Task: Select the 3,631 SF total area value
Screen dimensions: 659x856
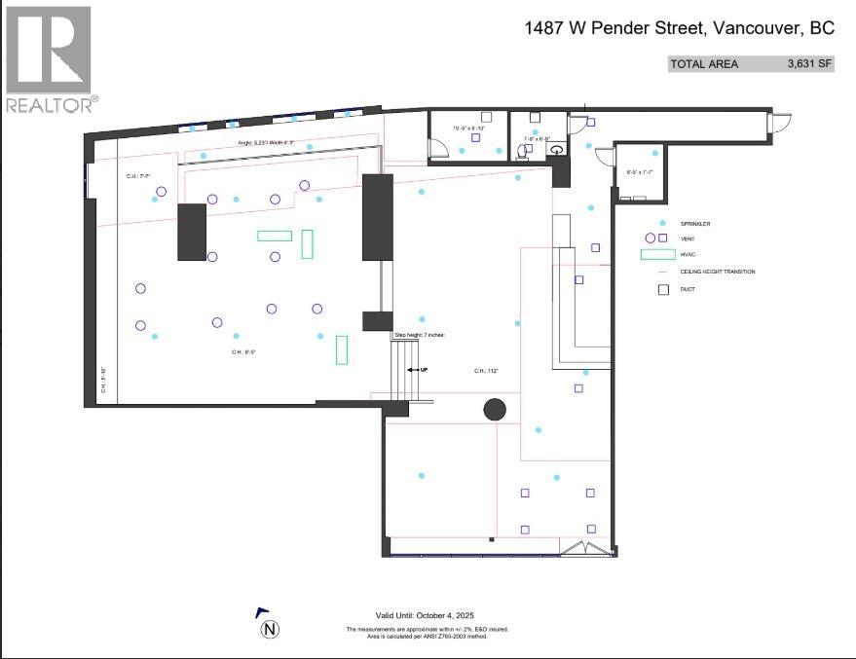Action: (x=809, y=64)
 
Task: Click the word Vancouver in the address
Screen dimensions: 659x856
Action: (x=758, y=28)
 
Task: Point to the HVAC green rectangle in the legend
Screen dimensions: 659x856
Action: (x=656, y=255)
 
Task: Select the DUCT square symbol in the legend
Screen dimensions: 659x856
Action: (x=663, y=289)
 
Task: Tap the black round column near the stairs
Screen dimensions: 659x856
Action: (x=495, y=410)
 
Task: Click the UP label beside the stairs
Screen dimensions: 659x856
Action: (x=423, y=371)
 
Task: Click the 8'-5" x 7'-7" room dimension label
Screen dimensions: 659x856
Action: (x=639, y=173)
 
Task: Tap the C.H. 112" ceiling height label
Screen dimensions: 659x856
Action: (x=486, y=371)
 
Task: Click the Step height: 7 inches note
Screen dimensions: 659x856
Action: (x=419, y=335)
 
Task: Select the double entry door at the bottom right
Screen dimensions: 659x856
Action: (x=589, y=549)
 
